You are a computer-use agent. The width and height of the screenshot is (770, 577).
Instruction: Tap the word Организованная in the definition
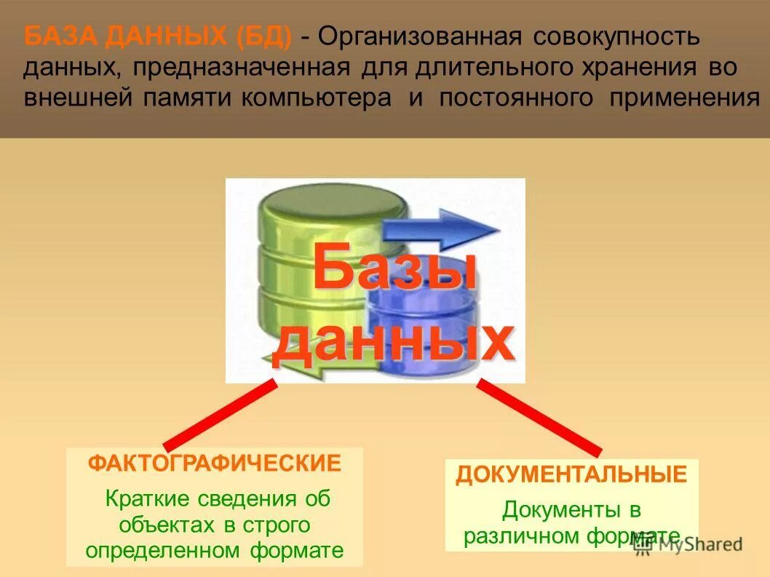click(417, 36)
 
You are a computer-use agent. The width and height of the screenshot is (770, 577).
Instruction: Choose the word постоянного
click(516, 98)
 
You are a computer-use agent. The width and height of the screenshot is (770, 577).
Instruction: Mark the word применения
click(684, 98)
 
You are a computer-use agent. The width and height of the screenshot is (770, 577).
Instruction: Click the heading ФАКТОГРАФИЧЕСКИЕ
click(215, 463)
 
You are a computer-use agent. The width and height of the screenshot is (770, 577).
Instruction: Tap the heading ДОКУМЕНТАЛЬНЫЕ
click(571, 475)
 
